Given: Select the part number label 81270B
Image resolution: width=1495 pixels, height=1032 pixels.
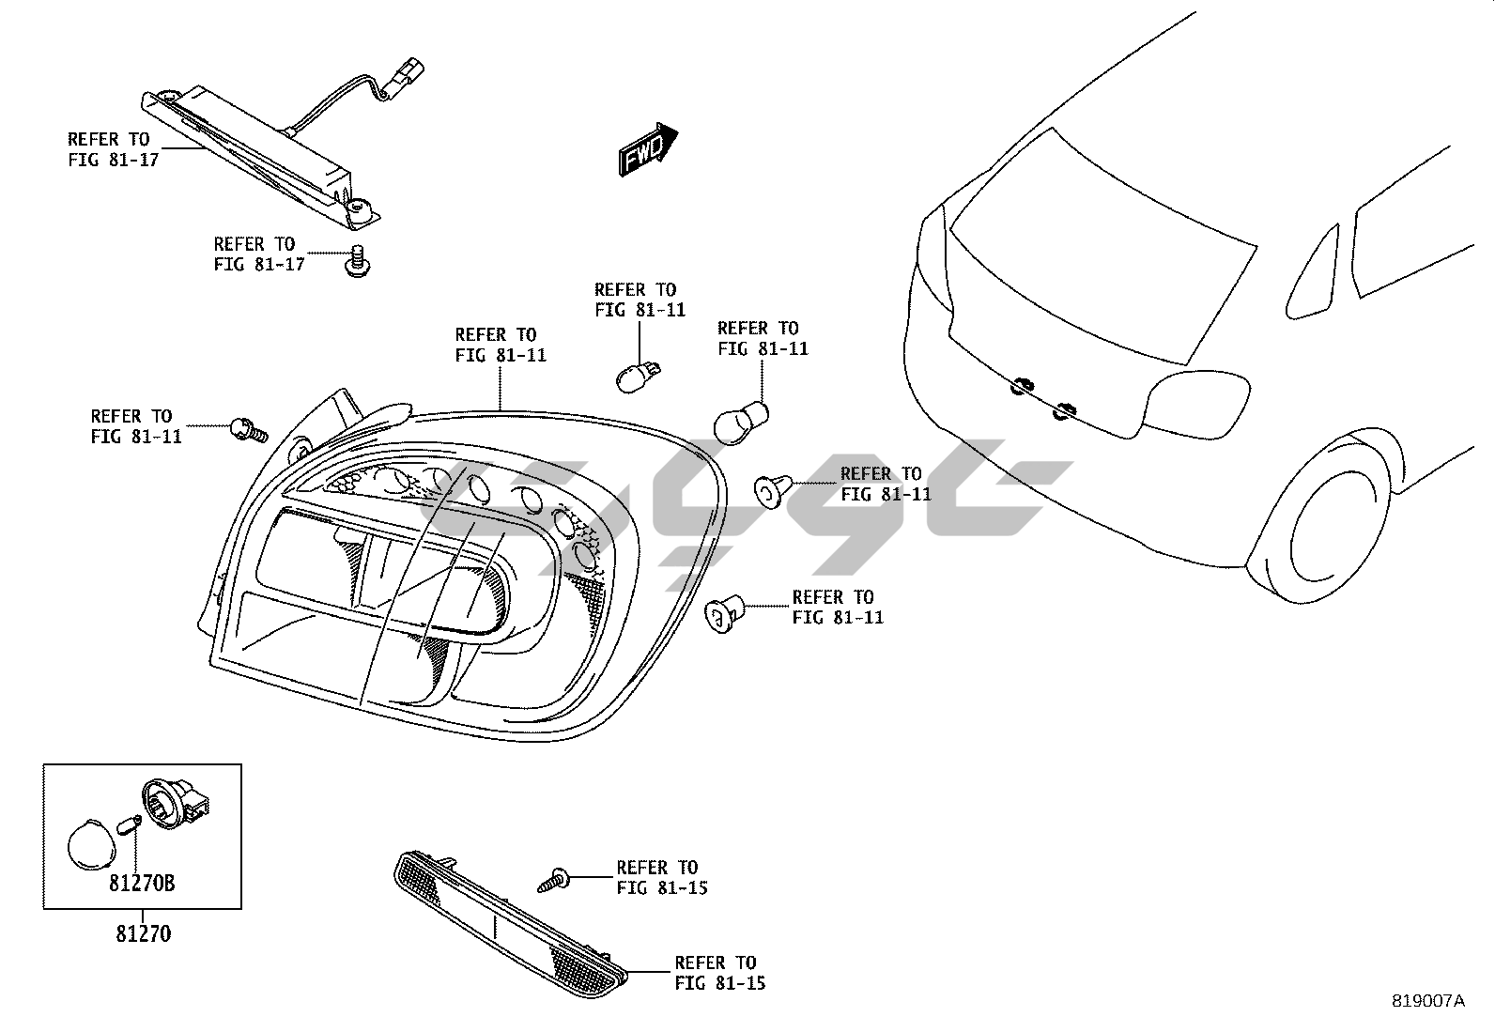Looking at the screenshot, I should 141,884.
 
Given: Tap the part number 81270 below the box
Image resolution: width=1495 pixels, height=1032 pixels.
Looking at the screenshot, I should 144,934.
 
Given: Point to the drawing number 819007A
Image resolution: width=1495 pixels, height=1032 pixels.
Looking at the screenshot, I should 1427,1001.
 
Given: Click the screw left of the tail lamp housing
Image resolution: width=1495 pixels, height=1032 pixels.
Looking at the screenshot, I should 247,430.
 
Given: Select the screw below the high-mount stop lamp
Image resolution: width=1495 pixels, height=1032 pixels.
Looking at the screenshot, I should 356,262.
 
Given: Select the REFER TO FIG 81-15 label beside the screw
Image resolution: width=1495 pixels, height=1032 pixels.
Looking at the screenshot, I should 662,877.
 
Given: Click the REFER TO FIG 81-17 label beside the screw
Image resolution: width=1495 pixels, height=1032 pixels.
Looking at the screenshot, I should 259,254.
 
